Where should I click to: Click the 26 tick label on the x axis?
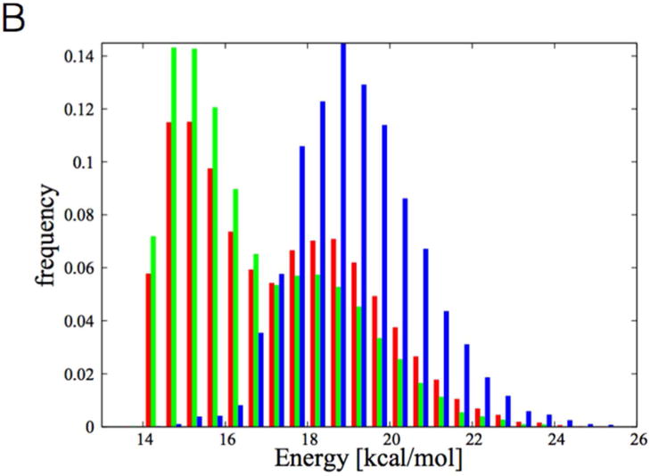click(636, 440)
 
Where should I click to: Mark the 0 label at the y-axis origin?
click(87, 426)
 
